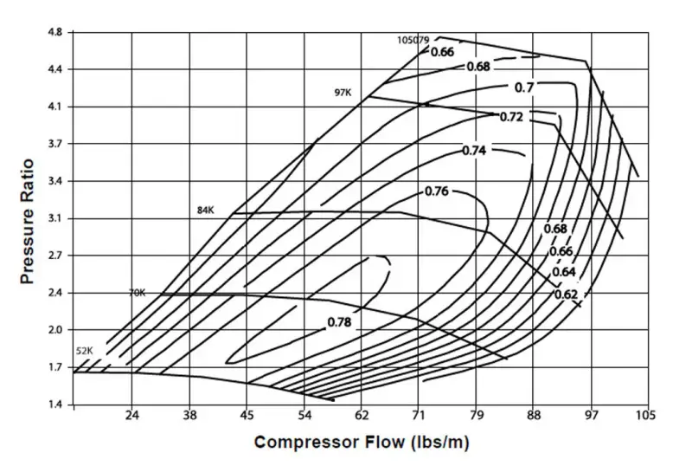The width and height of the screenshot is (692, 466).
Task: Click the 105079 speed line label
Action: (413, 40)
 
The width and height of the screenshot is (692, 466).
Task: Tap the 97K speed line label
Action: (344, 93)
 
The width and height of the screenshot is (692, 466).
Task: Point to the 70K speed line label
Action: (138, 293)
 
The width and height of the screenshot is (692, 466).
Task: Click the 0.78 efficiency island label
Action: (340, 322)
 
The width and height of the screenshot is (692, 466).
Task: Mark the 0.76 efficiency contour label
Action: (437, 191)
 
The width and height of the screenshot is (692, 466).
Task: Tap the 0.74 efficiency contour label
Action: (474, 151)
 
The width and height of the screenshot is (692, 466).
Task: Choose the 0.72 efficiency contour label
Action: (512, 117)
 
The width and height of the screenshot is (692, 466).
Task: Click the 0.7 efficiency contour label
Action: (524, 87)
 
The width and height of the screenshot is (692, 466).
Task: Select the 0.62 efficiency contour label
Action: (567, 294)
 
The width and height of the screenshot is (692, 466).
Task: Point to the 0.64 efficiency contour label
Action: (564, 273)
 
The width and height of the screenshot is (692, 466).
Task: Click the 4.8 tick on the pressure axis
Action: (54, 33)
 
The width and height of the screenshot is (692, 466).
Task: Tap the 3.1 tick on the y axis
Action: (54, 218)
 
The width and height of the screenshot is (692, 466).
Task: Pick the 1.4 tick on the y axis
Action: (54, 405)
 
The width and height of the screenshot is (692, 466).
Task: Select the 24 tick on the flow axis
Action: (131, 416)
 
